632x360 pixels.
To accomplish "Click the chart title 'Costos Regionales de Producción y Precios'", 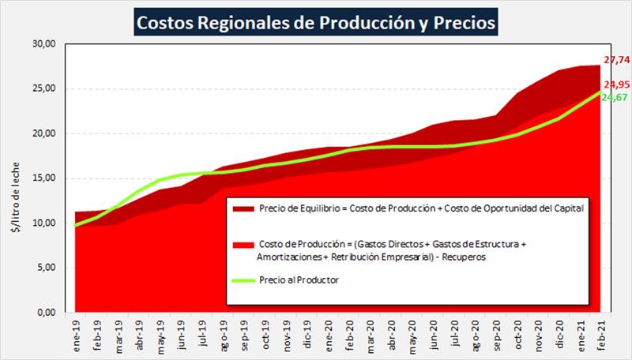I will [x=316, y=21].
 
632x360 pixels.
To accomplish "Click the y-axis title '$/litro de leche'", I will [x=17, y=178].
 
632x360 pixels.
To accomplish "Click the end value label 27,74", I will [x=616, y=59].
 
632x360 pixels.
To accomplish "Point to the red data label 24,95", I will [x=616, y=84].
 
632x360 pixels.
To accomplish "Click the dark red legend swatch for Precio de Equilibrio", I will [x=241, y=208].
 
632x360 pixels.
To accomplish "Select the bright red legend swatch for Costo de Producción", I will [x=241, y=245].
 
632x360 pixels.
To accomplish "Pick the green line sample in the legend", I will [x=241, y=279].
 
